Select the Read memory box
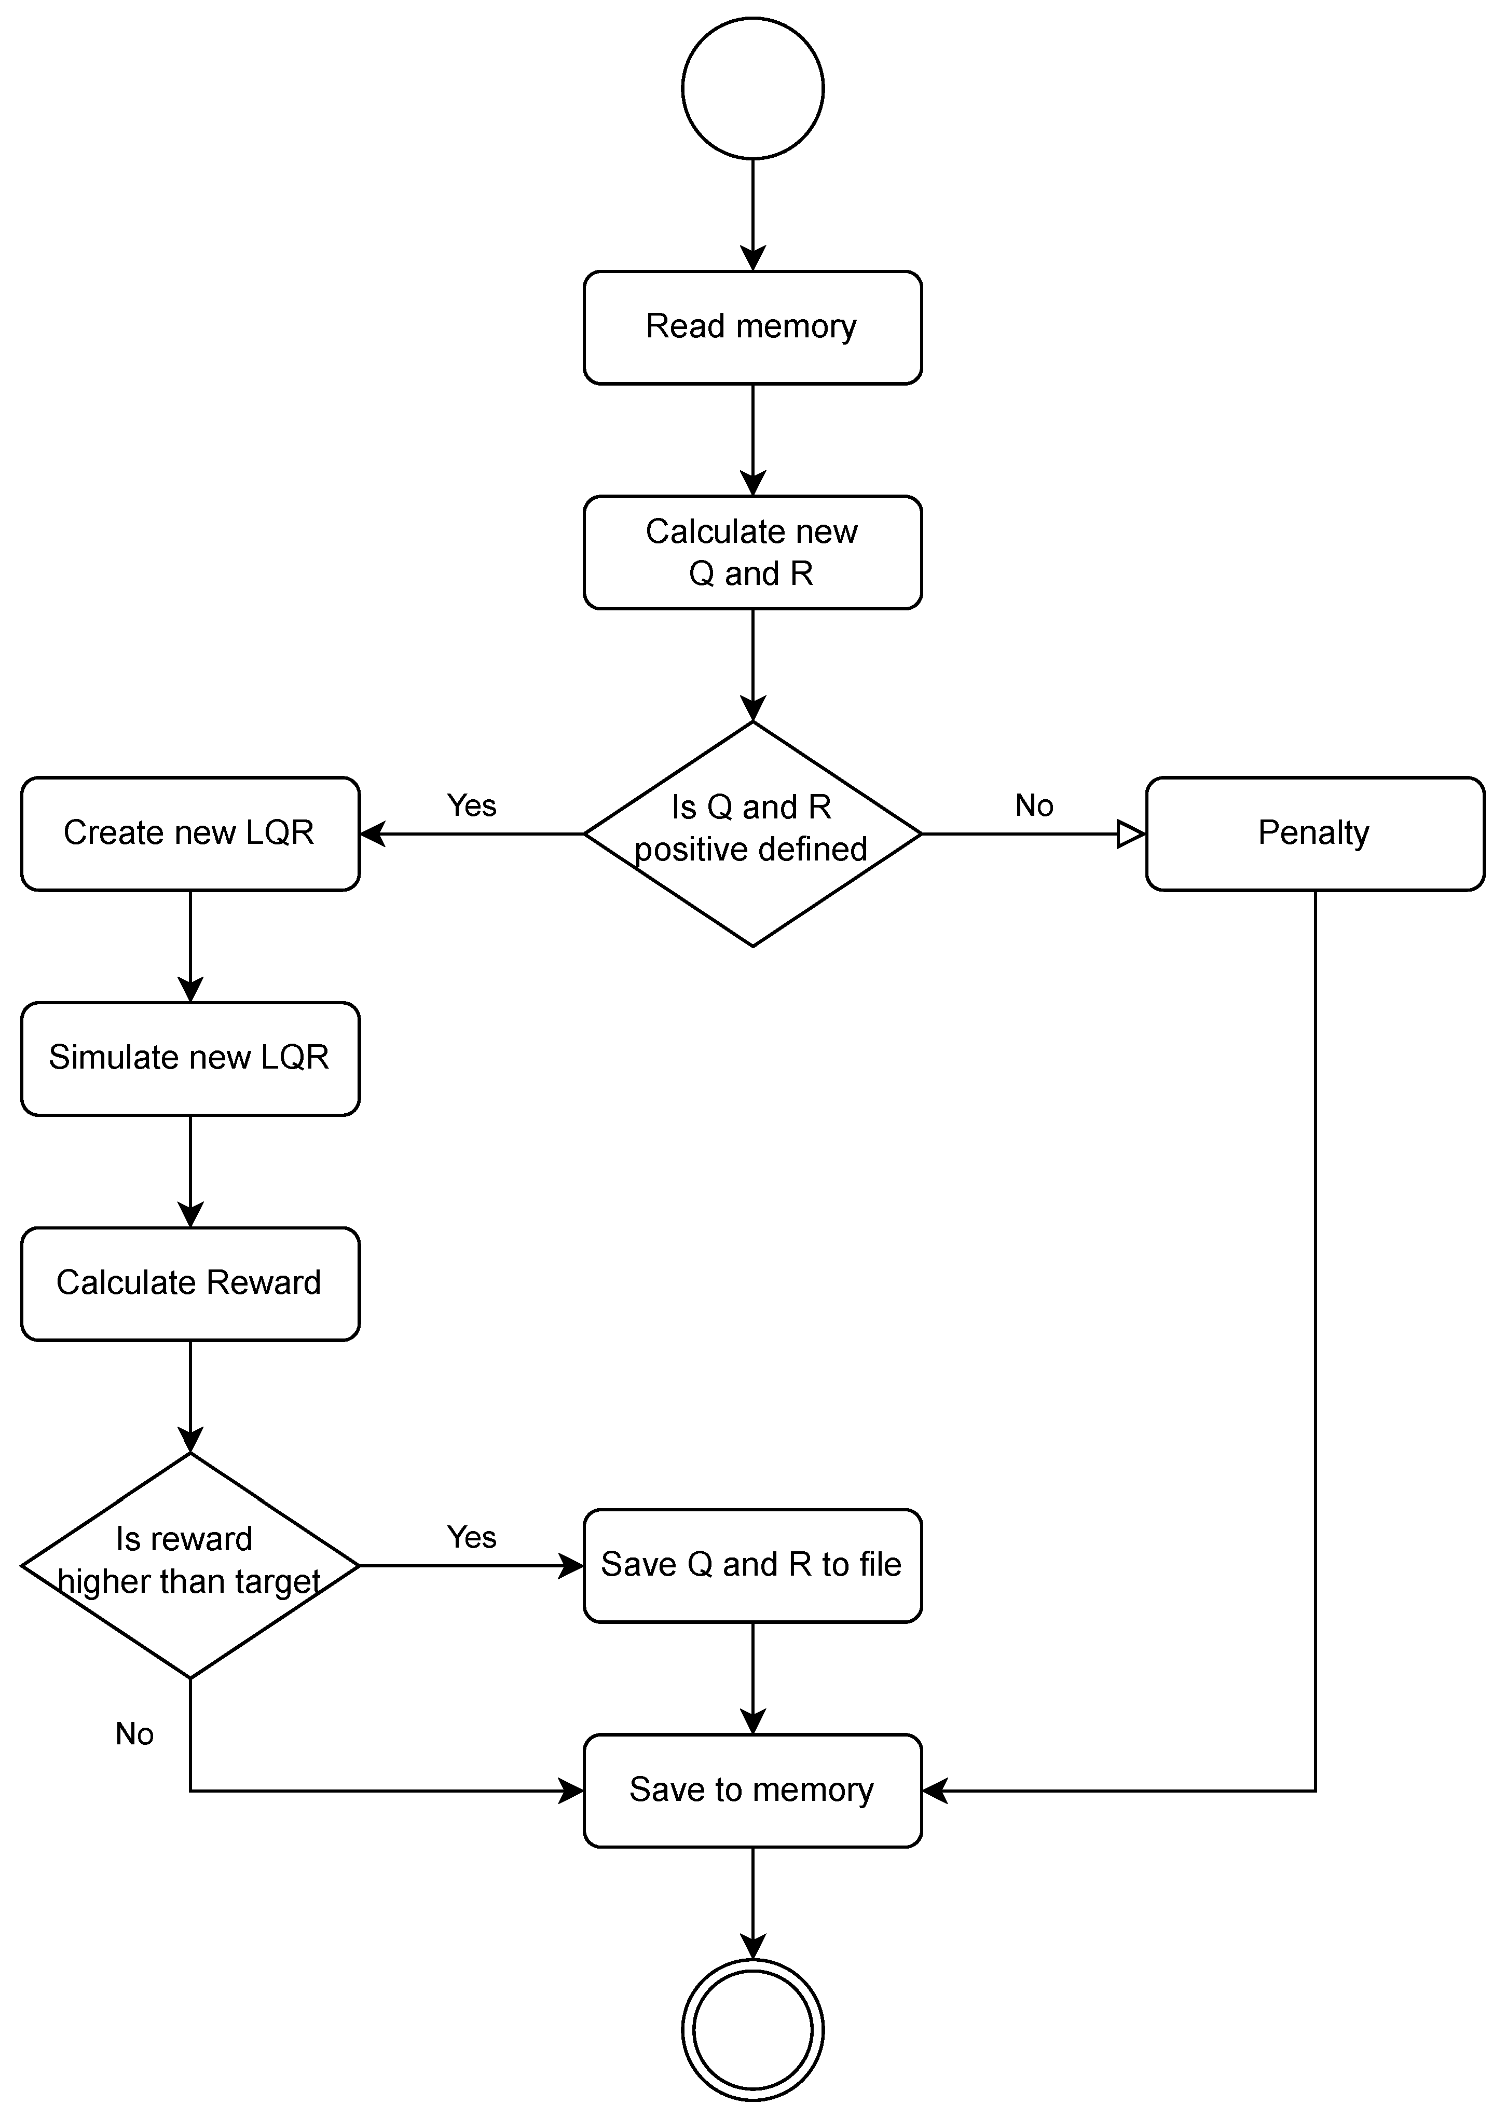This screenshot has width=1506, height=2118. [752, 327]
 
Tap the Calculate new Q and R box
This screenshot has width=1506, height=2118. [752, 553]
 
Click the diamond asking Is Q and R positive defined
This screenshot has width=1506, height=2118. [752, 833]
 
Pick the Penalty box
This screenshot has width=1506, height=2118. [1314, 833]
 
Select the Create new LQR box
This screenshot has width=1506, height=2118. [190, 833]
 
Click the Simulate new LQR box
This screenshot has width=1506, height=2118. [190, 1058]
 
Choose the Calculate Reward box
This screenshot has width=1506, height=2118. [190, 1283]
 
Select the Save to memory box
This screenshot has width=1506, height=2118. [752, 1791]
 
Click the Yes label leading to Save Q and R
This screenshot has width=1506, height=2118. [471, 1537]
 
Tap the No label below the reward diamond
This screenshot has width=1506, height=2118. [134, 1734]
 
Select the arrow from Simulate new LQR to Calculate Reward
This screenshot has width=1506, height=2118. [190, 1171]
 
